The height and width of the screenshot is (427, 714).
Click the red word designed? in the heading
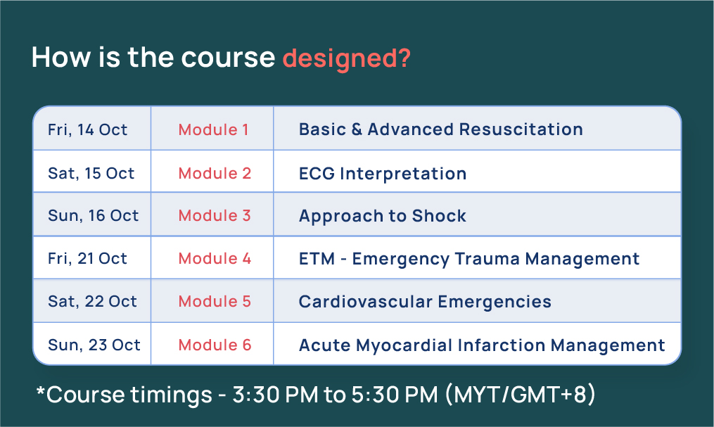coord(346,58)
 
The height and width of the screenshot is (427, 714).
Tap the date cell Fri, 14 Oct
coord(88,130)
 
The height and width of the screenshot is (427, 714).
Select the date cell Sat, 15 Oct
coord(91,173)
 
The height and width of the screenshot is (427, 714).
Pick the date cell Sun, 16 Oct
coord(94,216)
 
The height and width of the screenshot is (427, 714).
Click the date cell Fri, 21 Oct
coord(88,259)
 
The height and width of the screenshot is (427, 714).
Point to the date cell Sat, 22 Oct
coord(92,302)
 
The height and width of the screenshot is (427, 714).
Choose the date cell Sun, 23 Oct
coord(94,345)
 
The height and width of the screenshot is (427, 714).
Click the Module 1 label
coord(213,130)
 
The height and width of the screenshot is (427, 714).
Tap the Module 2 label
coord(215,173)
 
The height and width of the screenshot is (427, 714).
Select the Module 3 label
coord(215,216)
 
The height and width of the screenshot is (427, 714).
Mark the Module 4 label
coord(215,259)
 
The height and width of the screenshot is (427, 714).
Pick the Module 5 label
coord(215,302)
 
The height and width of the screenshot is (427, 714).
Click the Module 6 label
coord(215,345)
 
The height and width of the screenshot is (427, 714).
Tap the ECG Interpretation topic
coord(383,174)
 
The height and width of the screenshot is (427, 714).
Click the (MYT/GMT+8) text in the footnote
coord(521,395)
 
